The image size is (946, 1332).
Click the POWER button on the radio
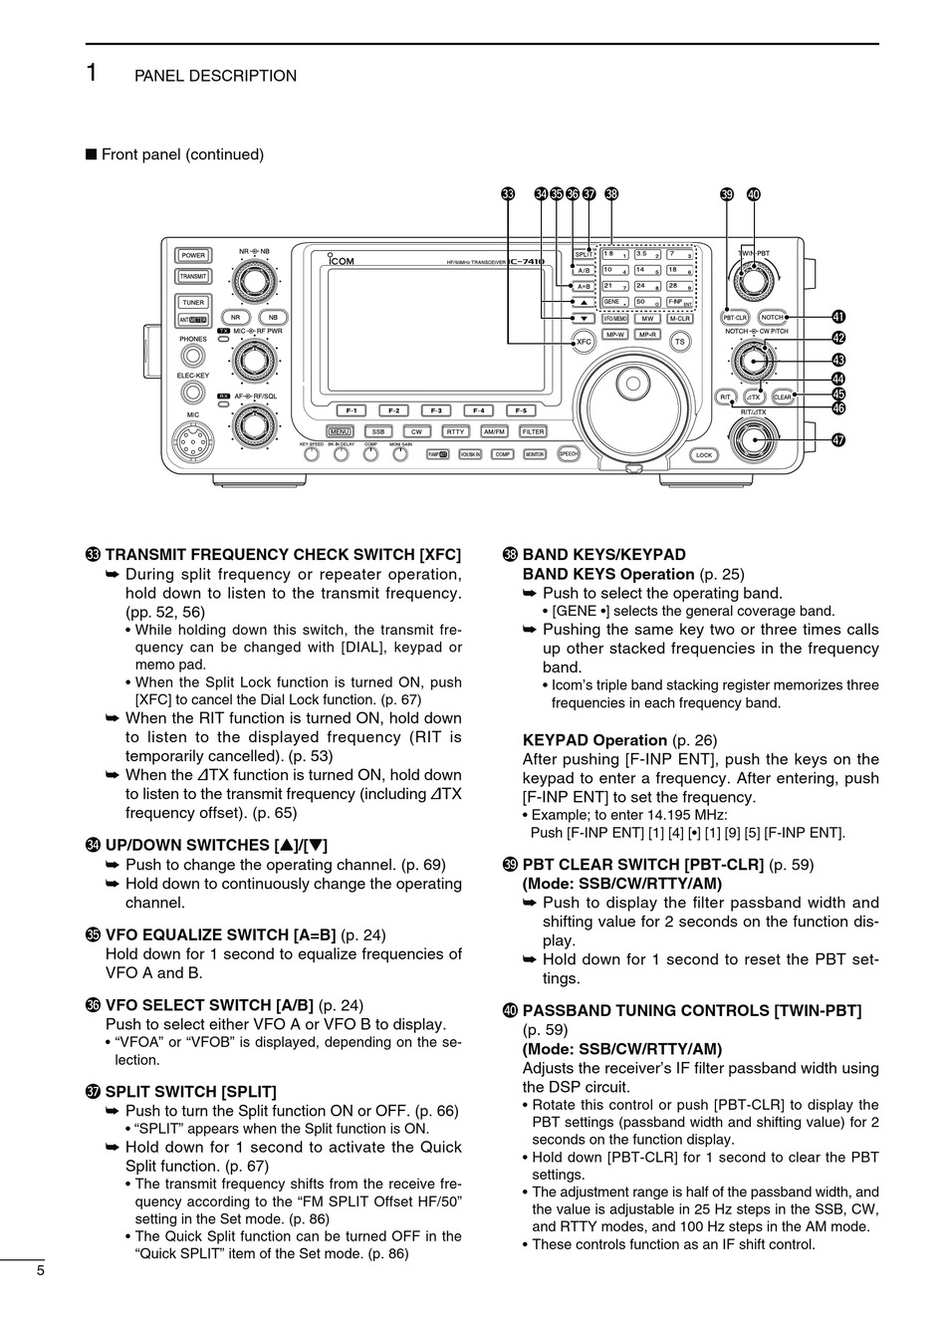click(x=192, y=255)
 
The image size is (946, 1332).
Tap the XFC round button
click(x=585, y=342)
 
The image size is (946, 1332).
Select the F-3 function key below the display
click(x=435, y=410)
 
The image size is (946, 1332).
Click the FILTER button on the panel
click(x=534, y=431)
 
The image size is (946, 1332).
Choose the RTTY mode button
click(x=455, y=431)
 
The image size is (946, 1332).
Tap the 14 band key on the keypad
click(x=647, y=270)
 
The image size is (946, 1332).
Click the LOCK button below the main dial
click(x=704, y=454)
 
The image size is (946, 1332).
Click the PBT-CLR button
click(x=734, y=318)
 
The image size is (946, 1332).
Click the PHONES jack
click(x=192, y=357)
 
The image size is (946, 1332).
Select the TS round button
click(x=680, y=341)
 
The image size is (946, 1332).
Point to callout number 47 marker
click(x=837, y=439)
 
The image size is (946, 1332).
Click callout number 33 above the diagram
click(x=508, y=194)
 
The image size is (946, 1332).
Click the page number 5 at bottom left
click(x=40, y=1270)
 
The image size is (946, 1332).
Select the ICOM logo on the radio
click(x=341, y=262)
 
